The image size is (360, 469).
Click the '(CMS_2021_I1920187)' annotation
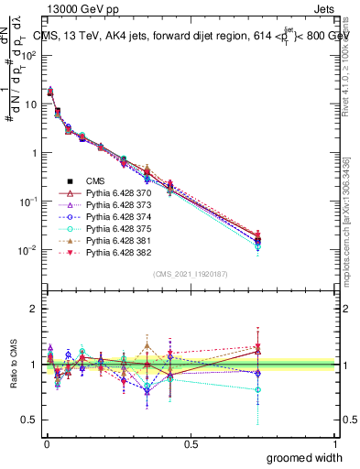click(x=191, y=273)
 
